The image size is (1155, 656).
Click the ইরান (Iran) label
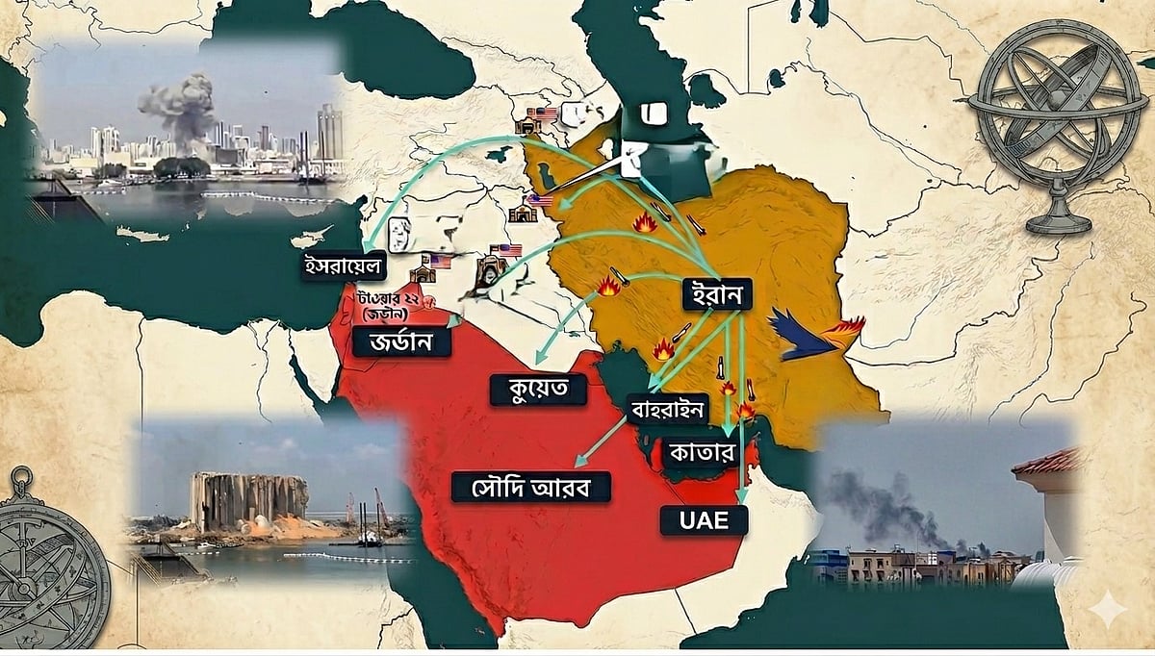coord(716,295)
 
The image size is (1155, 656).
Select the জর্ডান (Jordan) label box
coord(401,341)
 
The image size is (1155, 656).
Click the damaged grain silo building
coord(247,500)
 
